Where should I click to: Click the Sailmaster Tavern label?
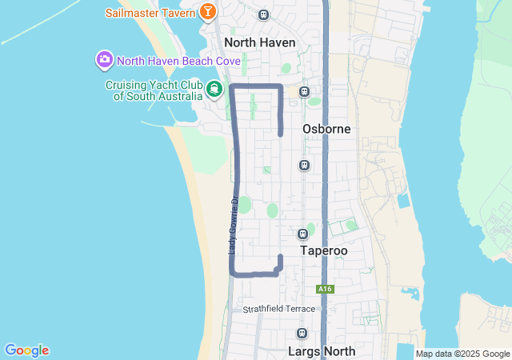[150, 13]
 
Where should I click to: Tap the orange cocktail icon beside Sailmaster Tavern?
[208, 12]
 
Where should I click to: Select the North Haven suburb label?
[260, 42]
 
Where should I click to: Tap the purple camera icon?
[104, 60]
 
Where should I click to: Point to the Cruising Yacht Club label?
[154, 90]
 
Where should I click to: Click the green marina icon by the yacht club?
[214, 89]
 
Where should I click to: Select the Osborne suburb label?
[326, 129]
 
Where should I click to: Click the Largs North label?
[320, 350]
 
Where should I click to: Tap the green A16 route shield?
[324, 289]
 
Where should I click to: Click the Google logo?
[26, 350]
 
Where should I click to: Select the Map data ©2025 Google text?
[462, 354]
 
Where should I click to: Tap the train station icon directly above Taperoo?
[303, 234]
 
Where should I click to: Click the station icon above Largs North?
[302, 334]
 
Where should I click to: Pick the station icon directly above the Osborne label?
[304, 91]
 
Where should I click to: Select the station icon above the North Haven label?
[264, 14]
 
